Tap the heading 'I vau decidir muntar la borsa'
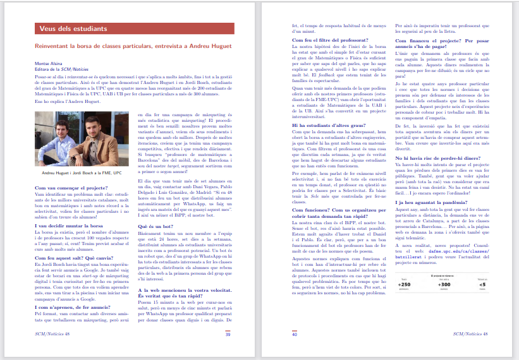coord(63,225)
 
